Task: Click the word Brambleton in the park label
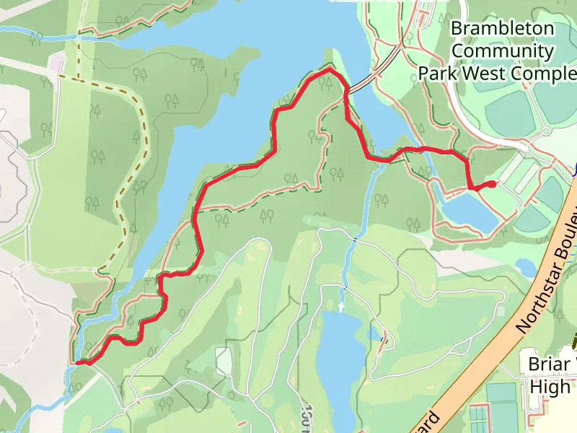[x=503, y=30]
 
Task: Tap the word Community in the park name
[x=503, y=51]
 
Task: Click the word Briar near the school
[x=552, y=363]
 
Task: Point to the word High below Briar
[x=550, y=387]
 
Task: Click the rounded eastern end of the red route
[x=492, y=184]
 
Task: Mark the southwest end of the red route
[x=78, y=362]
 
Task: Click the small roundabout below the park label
[x=546, y=131]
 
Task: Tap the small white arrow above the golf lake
[x=340, y=306]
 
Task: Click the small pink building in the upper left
[x=56, y=64]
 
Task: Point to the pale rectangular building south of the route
[x=224, y=362]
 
